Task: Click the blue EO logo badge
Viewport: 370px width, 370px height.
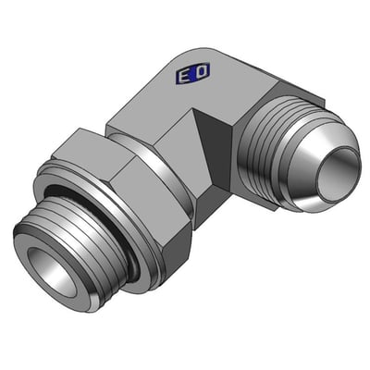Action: pyautogui.click(x=192, y=74)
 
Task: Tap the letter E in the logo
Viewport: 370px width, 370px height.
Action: pyautogui.click(x=184, y=77)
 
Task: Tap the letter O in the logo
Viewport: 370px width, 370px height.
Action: pyautogui.click(x=201, y=71)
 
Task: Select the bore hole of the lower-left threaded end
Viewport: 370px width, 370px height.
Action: pyautogui.click(x=52, y=271)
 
